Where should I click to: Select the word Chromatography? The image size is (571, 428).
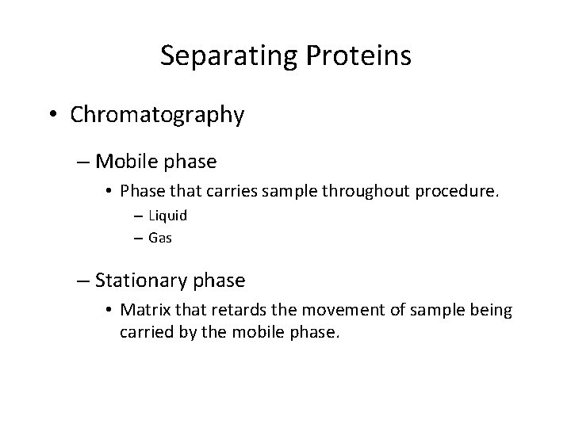(x=157, y=116)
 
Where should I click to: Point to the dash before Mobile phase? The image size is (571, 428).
(x=84, y=162)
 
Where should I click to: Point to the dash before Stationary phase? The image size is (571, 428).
(x=84, y=281)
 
